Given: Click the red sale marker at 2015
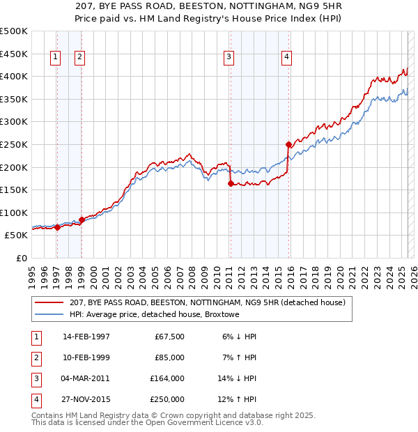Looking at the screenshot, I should [x=288, y=144].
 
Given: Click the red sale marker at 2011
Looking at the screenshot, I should [x=231, y=184].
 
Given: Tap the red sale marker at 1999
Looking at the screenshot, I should [x=82, y=219].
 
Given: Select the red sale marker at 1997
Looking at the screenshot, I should [x=57, y=227].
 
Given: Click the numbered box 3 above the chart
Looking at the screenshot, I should [x=229, y=58].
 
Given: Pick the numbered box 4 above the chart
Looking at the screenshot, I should [x=286, y=58].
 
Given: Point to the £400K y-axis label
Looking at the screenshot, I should [x=14, y=76].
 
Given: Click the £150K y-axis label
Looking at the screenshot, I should [x=14, y=190].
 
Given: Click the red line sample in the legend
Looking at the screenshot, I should [x=49, y=302].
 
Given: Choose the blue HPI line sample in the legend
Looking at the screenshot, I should [x=49, y=314].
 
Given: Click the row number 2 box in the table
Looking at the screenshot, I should [x=34, y=357].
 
